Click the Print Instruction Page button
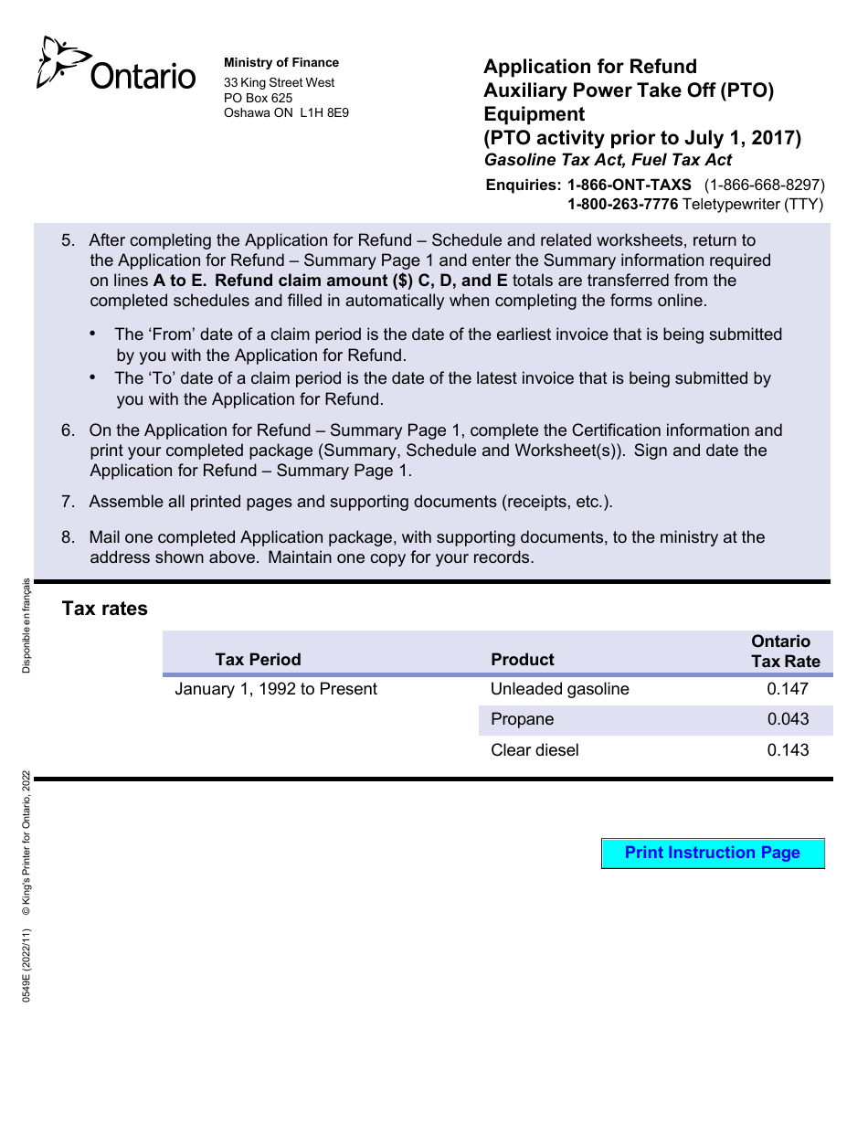[x=712, y=854]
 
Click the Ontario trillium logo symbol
[x=62, y=63]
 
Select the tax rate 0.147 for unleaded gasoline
[x=788, y=689]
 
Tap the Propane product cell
[x=522, y=719]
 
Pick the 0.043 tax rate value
[x=788, y=719]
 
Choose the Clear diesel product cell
[x=535, y=750]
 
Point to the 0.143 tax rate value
[x=788, y=750]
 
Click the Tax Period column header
[x=258, y=660]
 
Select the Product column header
[x=522, y=660]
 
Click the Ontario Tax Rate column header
[x=785, y=652]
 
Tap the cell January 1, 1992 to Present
[x=275, y=689]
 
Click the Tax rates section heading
[x=104, y=609]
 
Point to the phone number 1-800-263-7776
[x=622, y=205]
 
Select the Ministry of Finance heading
[x=281, y=63]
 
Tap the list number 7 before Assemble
[x=69, y=502]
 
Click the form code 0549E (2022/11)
[x=26, y=965]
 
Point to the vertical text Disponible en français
[x=26, y=626]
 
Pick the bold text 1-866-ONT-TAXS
[x=629, y=185]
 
